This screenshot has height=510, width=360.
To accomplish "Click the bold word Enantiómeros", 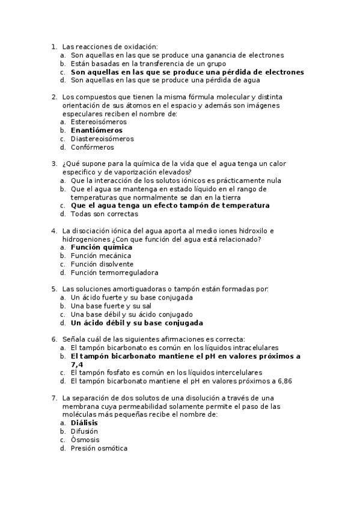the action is coord(96,130).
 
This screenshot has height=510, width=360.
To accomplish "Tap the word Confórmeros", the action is coord(92,147).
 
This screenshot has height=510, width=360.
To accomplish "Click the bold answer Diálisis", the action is coord(84,423).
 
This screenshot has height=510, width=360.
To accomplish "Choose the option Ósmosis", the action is coord(85,440).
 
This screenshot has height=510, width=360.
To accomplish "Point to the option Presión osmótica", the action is coord(99,448).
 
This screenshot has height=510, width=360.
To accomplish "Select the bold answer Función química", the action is coord(102,247).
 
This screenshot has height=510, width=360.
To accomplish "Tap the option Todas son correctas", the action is coord(104,214).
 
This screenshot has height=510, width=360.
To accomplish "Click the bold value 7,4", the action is coord(77,364).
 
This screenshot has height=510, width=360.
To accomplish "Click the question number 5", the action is coord(54,289).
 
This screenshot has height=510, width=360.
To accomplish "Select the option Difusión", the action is coord(84,431).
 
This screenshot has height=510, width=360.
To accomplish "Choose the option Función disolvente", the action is coord(102,264).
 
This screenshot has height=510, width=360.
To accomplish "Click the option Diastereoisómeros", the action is coord(102,138).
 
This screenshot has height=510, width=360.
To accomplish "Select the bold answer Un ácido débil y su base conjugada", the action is coord(137,322).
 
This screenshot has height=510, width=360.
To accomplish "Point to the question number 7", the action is coord(54,398).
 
